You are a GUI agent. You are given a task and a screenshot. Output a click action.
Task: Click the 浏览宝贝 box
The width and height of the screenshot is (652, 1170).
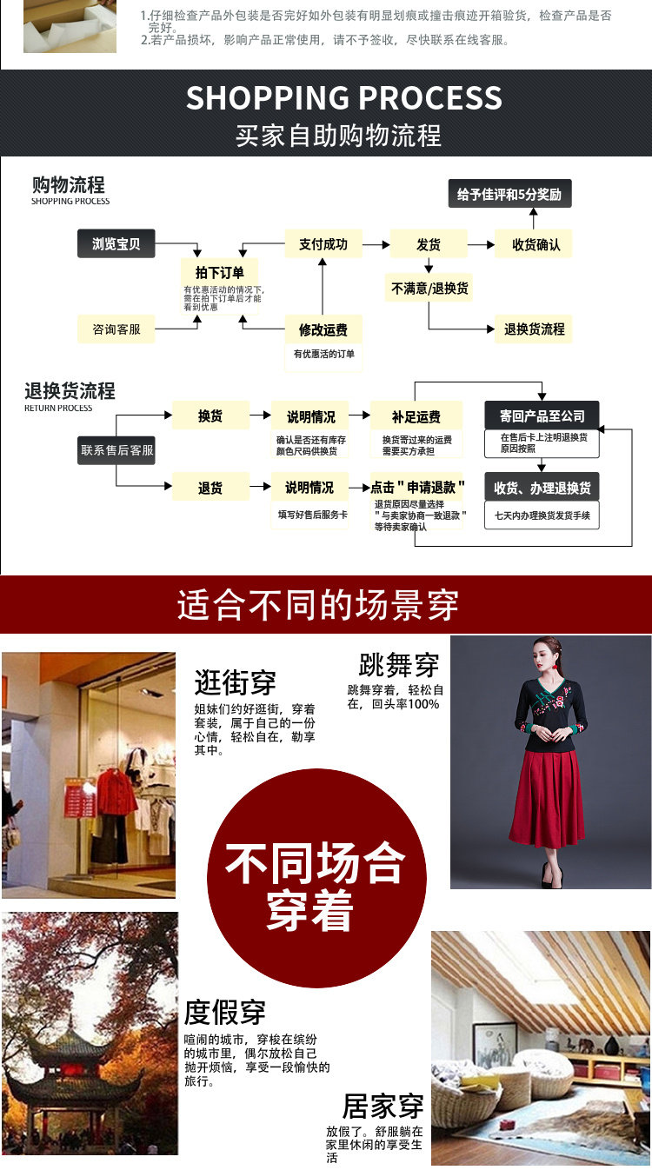point(116,244)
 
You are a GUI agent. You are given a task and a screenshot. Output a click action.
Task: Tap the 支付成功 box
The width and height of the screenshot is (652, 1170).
point(323,244)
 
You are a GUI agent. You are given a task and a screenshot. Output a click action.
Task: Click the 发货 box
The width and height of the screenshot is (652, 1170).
point(428,244)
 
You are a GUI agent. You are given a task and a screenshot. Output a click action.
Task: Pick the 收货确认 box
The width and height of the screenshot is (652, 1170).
point(536,244)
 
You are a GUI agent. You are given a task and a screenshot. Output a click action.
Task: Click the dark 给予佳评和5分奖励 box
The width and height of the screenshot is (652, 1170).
point(510,194)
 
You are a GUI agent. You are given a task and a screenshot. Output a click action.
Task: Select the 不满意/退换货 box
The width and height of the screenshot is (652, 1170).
point(429,288)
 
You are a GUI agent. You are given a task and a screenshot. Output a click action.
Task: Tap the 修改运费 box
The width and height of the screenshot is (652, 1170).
point(323,330)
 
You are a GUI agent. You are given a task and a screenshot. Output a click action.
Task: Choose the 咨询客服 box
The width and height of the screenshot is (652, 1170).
point(116,330)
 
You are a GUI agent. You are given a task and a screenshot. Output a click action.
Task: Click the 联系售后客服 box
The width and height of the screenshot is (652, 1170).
point(116,449)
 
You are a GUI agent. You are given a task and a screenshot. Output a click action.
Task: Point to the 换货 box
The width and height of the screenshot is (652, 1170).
point(210,415)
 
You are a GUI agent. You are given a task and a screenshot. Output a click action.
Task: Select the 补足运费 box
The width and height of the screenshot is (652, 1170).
point(416,415)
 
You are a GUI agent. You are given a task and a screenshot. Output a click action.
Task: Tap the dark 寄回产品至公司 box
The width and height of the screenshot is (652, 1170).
point(542,415)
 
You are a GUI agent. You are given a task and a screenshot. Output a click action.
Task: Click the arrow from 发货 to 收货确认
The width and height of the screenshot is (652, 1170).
point(481,245)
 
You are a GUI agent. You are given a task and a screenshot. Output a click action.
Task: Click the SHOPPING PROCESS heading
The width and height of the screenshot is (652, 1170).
point(344,97)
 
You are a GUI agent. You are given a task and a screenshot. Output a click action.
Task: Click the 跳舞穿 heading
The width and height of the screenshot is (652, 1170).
point(399,666)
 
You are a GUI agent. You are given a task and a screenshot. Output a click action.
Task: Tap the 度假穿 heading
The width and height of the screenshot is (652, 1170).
point(224,1012)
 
